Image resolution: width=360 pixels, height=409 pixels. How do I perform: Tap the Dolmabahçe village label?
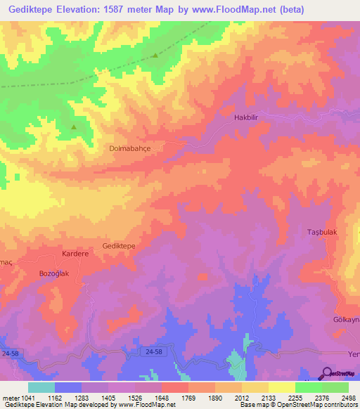pyautogui.click(x=130, y=149)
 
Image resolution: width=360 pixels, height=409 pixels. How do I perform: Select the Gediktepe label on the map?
pyautogui.click(x=119, y=246)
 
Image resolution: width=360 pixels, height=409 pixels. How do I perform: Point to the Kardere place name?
pyautogui.click(x=75, y=253)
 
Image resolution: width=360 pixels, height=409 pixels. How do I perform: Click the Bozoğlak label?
pyautogui.click(x=54, y=273)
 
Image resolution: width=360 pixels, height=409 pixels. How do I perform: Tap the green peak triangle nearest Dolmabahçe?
pyautogui.click(x=74, y=127)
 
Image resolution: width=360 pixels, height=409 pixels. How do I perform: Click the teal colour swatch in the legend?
pyautogui.click(x=41, y=387)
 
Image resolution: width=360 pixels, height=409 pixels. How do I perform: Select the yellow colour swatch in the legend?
pyautogui.click(x=282, y=387)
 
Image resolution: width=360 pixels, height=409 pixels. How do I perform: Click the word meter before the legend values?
pyautogui.click(x=12, y=398)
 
